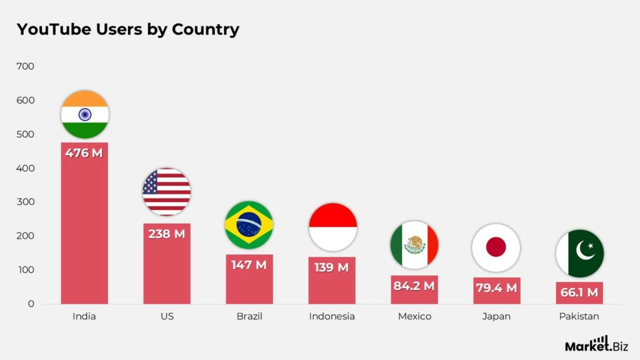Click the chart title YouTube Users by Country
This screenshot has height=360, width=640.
coord(127,29)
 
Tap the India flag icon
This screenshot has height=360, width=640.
coord(84,114)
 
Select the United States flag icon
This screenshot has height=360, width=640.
coord(166,192)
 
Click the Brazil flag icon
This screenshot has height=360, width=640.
coord(249,225)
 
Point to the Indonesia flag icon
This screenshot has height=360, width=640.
coord(332,227)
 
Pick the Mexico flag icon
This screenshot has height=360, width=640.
coord(414,244)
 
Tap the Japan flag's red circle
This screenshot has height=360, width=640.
coord(496,247)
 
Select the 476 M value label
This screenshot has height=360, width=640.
coord(84,152)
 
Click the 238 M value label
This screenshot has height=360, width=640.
coord(167,234)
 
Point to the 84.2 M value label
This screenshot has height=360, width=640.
coord(414,286)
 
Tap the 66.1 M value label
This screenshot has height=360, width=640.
coord(579,292)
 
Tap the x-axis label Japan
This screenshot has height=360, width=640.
coord(496,316)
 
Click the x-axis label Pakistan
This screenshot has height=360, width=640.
coord(579,316)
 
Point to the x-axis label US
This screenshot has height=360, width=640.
coord(167,316)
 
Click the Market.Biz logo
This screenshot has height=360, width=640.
coord(597,344)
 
